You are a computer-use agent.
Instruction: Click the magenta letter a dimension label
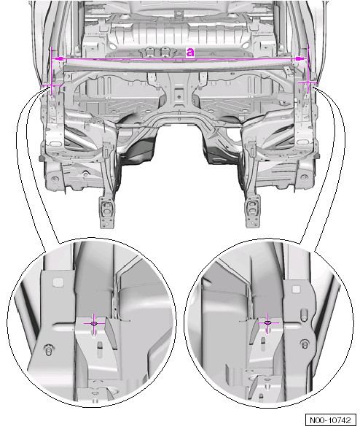[x=190, y=52]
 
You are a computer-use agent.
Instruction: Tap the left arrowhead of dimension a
[x=59, y=58]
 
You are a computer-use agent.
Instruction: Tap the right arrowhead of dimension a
[x=300, y=58]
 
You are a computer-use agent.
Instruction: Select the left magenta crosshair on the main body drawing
[x=51, y=85]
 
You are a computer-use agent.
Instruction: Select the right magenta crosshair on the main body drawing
[x=308, y=82]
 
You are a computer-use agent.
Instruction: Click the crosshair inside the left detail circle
[x=94, y=323]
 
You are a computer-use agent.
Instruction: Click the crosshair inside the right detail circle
[x=267, y=322]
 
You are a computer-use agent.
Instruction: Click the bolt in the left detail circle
[x=49, y=349]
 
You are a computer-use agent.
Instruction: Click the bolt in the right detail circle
[x=304, y=344]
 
